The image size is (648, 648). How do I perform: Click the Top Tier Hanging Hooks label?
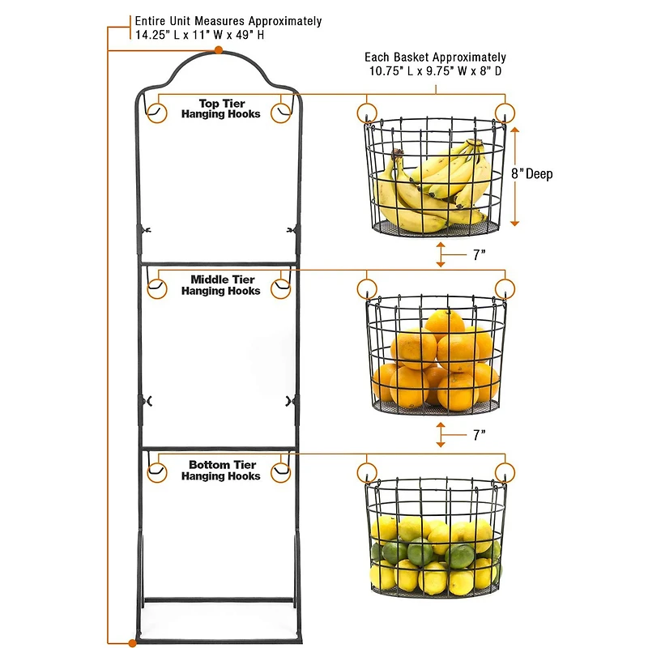click(x=220, y=109)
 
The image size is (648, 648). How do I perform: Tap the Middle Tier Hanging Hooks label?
click(x=220, y=285)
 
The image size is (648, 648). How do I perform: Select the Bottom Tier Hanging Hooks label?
click(x=220, y=471)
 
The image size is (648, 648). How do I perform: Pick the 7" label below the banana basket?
click(x=479, y=254)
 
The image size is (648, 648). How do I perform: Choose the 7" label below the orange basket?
click(x=479, y=435)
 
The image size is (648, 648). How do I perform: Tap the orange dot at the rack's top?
click(x=219, y=50)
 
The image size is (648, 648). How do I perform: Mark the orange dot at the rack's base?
click(x=132, y=642)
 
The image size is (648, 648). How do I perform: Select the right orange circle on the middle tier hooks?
click(x=282, y=288)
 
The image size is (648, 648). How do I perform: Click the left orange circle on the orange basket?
click(x=366, y=289)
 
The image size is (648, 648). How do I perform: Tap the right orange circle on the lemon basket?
click(x=505, y=473)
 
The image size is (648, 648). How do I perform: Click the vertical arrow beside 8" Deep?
click(x=514, y=174)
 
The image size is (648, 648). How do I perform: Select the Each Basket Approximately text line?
click(x=435, y=58)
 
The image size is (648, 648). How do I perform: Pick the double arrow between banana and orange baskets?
click(x=440, y=254)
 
